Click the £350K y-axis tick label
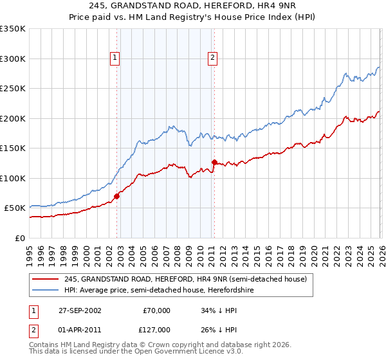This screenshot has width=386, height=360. (x=13, y=29)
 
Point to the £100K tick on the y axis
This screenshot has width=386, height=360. (x=13, y=178)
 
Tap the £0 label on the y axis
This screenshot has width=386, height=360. (x=19, y=238)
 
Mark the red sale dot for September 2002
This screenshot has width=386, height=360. (x=117, y=196)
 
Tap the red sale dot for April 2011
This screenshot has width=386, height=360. (x=214, y=162)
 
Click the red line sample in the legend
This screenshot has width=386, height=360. (x=46, y=279)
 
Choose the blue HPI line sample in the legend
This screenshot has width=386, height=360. (x=46, y=290)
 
